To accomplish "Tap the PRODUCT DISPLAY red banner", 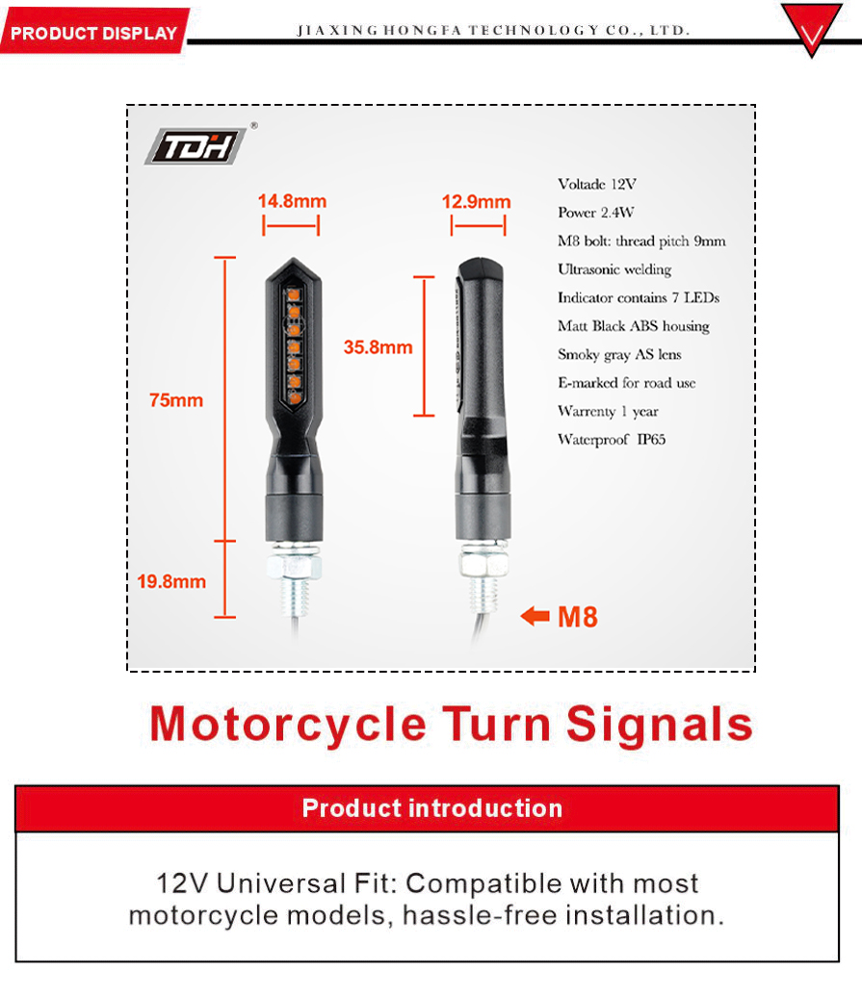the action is tap(94, 31).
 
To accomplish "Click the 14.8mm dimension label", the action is tap(292, 201).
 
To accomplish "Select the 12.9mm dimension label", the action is tap(476, 202).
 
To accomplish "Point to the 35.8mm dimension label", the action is tap(378, 347).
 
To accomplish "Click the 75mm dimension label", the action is tap(176, 400).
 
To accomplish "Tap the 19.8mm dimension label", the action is tap(171, 581).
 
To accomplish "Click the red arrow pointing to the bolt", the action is tap(535, 616).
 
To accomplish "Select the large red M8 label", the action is tap(577, 617).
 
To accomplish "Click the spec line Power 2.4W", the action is tap(595, 212).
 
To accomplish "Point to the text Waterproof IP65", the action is tap(612, 439).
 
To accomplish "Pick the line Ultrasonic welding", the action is tap(614, 269).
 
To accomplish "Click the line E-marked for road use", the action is tap(627, 382).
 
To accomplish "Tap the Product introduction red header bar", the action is tap(428, 808).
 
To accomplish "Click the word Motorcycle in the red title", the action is tap(288, 724).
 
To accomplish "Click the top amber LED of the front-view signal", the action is tap(293, 295).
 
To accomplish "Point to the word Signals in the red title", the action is tap(659, 724).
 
